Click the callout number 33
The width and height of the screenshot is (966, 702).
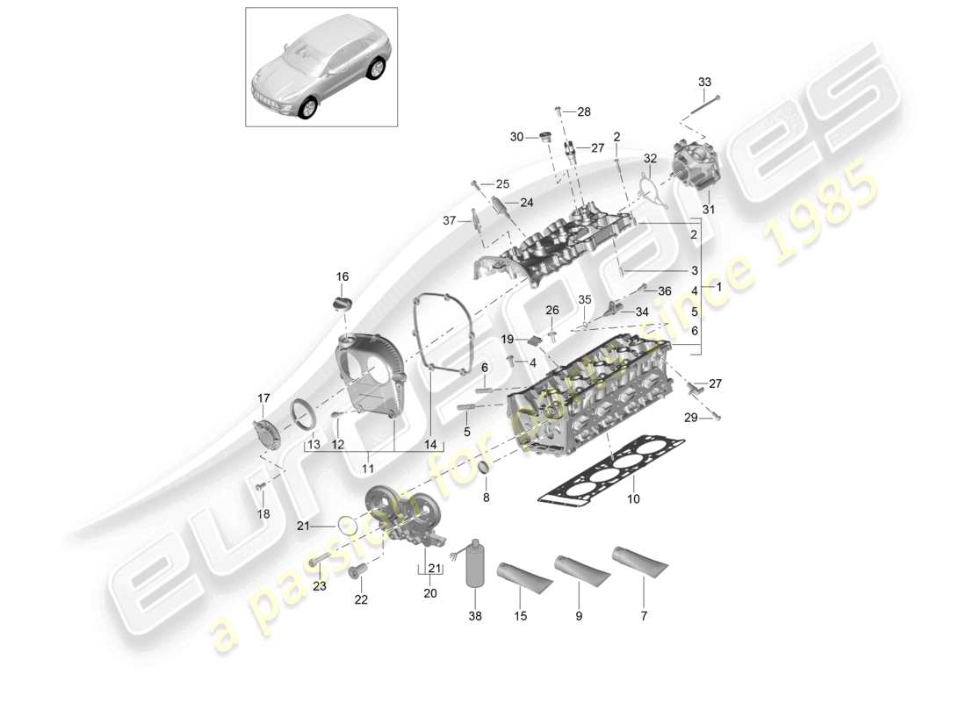click(x=704, y=82)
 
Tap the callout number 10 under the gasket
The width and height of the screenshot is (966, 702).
click(x=633, y=498)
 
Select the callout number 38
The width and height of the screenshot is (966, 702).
click(x=475, y=616)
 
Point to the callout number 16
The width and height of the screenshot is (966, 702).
click(x=342, y=276)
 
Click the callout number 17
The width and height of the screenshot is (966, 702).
click(x=263, y=398)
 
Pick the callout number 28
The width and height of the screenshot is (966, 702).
click(x=584, y=111)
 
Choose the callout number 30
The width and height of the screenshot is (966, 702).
click(x=516, y=137)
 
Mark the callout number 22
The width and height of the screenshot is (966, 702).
click(x=361, y=599)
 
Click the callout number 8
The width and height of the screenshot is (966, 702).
click(x=487, y=498)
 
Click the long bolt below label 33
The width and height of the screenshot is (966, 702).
click(x=700, y=106)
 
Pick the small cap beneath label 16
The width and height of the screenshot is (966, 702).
click(x=342, y=304)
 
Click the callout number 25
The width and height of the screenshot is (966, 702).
click(x=502, y=184)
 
